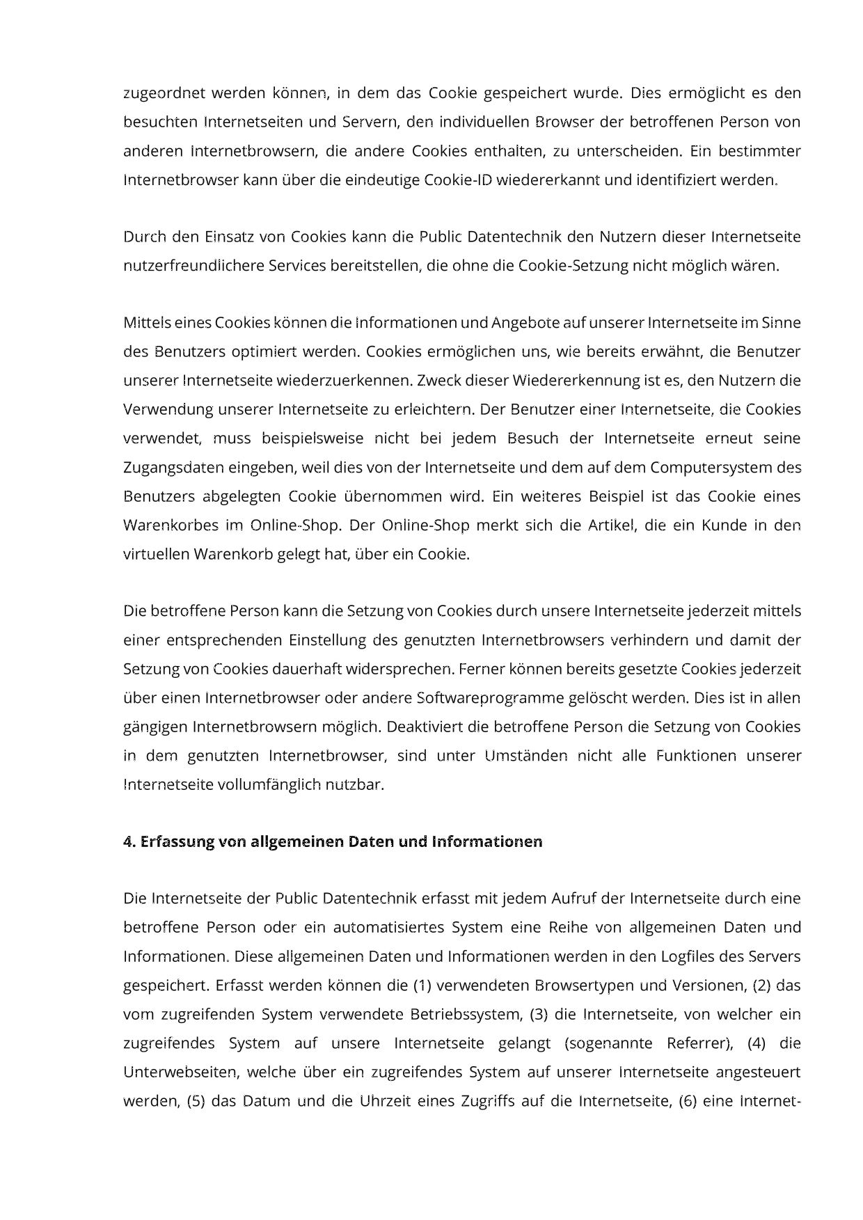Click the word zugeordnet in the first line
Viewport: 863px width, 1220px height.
pyautogui.click(x=164, y=93)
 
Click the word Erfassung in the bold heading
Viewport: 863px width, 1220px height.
pyautogui.click(x=177, y=842)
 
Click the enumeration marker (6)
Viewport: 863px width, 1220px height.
pyautogui.click(x=688, y=1102)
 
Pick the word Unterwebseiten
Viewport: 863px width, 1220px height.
pyautogui.click(x=180, y=1072)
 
